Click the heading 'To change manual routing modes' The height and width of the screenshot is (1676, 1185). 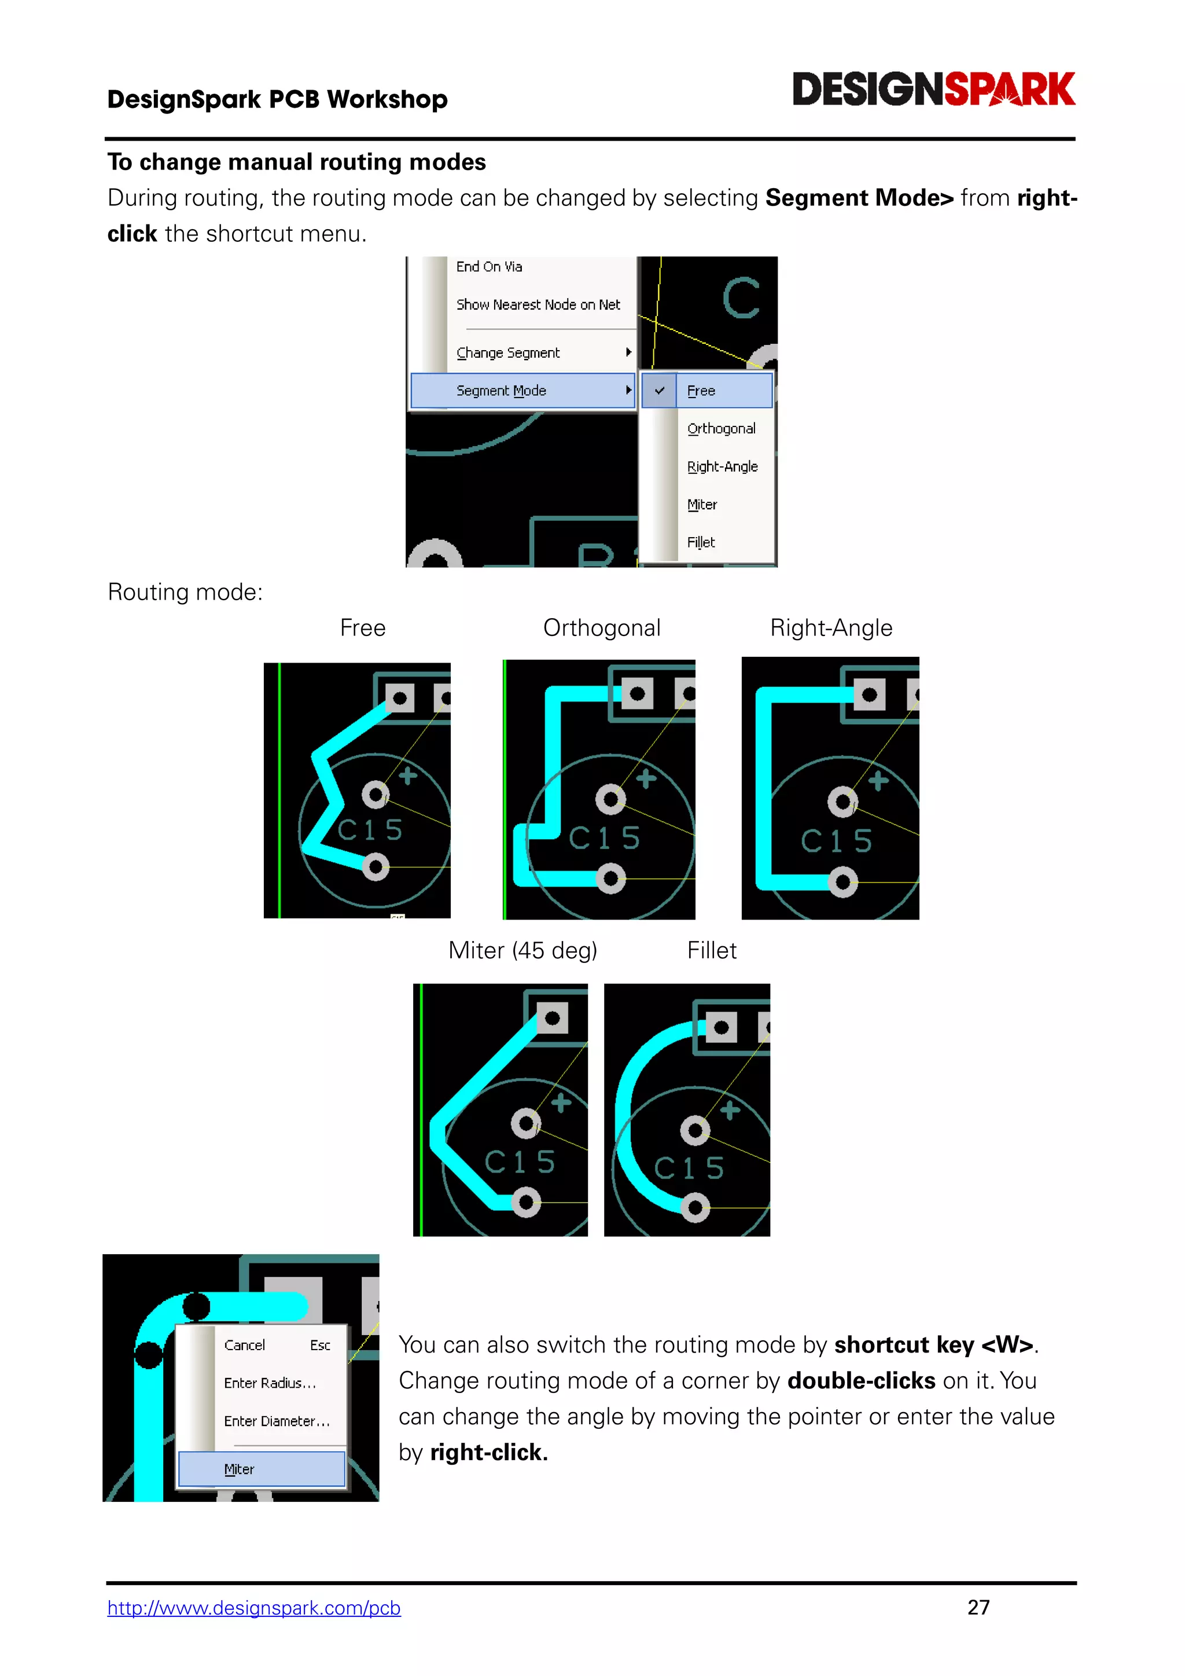pos(296,162)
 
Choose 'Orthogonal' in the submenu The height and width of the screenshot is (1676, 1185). pos(721,428)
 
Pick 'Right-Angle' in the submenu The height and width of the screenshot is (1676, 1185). pos(722,466)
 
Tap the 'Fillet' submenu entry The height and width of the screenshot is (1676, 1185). pos(701,542)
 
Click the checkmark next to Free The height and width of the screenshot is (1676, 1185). pos(660,391)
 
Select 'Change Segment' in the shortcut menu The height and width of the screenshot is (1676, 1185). pos(509,352)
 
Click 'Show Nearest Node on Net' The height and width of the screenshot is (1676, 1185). pos(538,304)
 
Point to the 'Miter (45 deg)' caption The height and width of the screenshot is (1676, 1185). pos(522,950)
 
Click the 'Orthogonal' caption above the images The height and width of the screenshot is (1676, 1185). pos(602,628)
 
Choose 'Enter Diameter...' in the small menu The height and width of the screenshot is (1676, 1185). pos(277,1421)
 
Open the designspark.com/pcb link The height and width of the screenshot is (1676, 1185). pos(254,1608)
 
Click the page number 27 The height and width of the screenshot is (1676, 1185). pos(978,1607)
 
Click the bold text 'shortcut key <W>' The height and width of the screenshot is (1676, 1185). pos(933,1344)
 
